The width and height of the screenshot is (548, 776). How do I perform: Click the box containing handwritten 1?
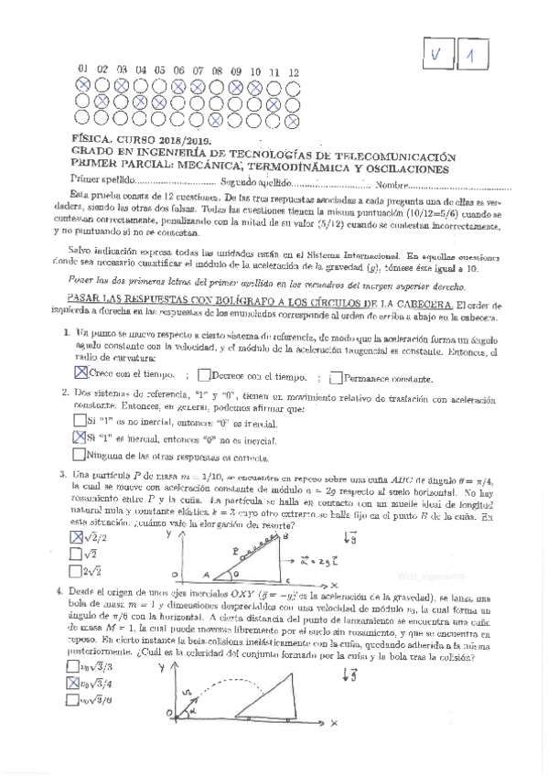[x=471, y=58]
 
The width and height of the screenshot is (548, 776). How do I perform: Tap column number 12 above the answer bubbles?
[x=293, y=71]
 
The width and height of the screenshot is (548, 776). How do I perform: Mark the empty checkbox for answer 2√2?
[x=76, y=571]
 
